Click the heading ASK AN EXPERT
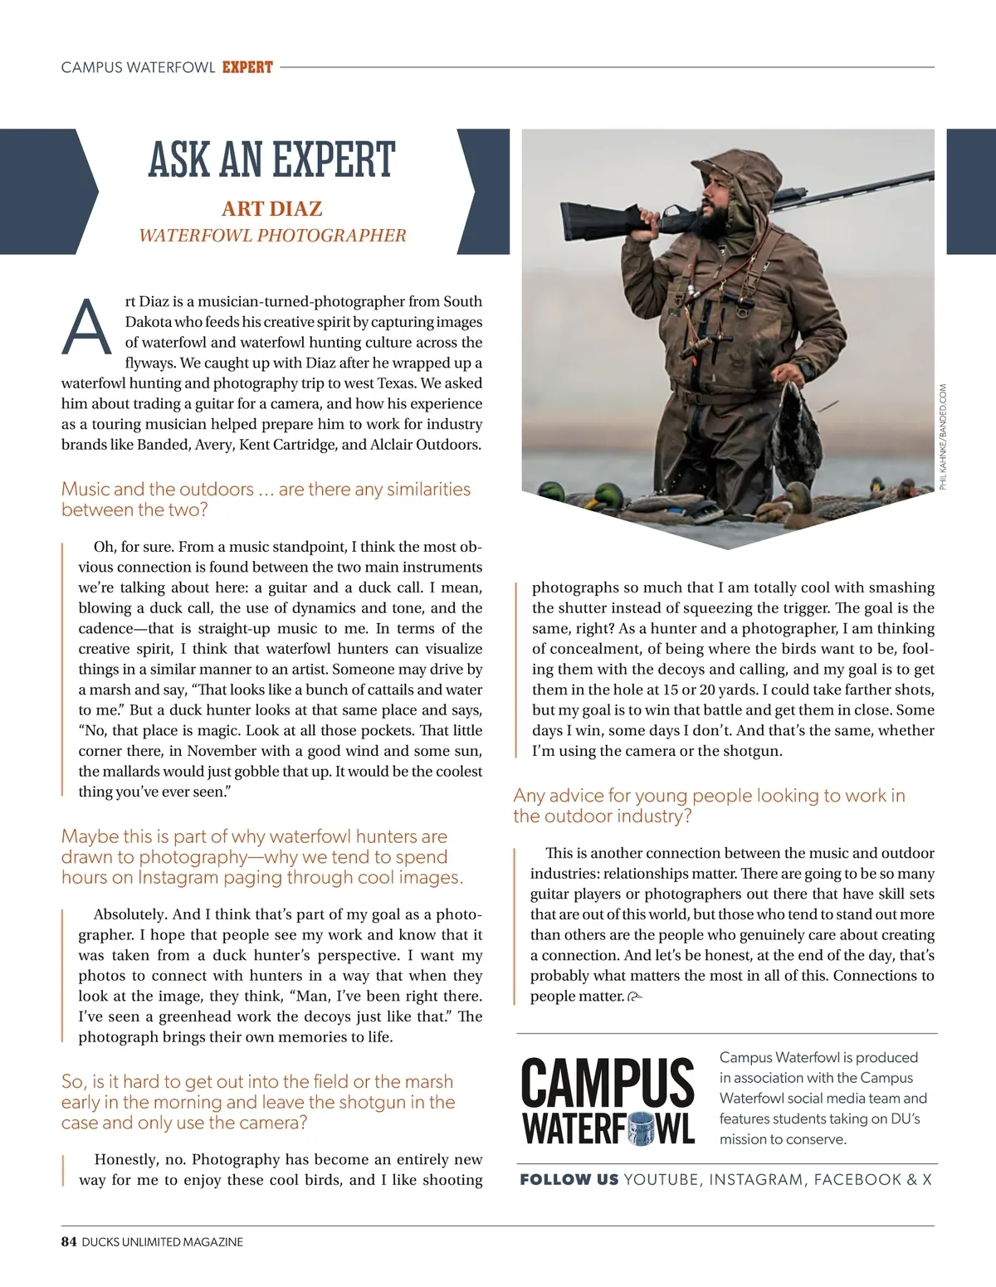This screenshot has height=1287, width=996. click(271, 160)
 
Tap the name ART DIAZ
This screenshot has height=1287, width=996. click(271, 208)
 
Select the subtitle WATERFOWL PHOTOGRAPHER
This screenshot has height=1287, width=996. click(272, 236)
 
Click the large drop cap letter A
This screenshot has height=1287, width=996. click(85, 326)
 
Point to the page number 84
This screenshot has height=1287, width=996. click(69, 1242)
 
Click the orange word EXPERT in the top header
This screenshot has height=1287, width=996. click(247, 67)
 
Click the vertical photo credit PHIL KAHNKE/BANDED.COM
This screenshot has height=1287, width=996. click(943, 436)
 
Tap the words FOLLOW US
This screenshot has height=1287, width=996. click(569, 1180)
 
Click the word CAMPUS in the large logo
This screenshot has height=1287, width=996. click(607, 1083)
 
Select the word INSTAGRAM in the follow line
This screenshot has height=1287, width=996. click(755, 1180)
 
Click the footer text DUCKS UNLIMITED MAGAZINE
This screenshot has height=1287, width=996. click(163, 1242)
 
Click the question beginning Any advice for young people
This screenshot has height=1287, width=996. click(709, 806)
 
